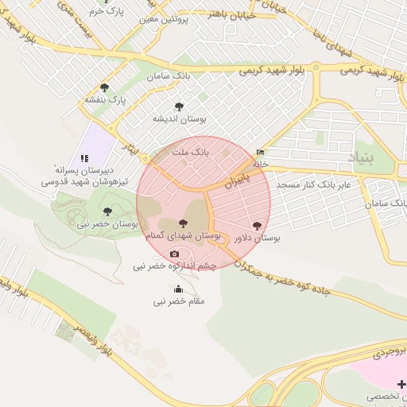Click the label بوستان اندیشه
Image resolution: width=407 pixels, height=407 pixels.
[180, 118]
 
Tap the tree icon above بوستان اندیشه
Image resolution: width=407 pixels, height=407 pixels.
[178, 106]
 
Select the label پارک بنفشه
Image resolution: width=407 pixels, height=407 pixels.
[107, 101]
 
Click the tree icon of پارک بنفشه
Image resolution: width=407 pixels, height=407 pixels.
[104, 87]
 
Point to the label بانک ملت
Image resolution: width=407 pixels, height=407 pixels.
[189, 150]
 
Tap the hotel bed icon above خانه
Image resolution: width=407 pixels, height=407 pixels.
[261, 153]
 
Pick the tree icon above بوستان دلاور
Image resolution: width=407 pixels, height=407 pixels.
[256, 226]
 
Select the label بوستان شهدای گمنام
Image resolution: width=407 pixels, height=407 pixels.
[182, 236]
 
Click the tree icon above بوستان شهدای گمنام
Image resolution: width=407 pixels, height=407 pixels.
[184, 223]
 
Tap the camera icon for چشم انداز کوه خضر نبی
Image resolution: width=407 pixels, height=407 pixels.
[175, 254]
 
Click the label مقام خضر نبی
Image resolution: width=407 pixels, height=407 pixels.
[179, 301]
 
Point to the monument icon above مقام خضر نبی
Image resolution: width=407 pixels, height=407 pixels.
[178, 289]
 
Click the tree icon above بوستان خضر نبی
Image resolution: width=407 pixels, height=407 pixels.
[107, 211]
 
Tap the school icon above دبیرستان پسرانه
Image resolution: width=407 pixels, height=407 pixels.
[84, 158]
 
